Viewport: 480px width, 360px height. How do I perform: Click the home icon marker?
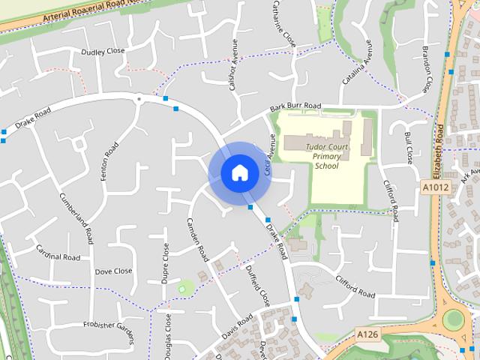tap(239, 172)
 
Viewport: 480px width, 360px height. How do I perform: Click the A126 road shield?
tap(367, 334)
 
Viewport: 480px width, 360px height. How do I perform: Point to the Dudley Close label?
tap(103, 52)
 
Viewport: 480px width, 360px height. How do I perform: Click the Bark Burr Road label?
tap(296, 109)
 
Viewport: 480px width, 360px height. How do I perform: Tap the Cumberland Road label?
tap(76, 218)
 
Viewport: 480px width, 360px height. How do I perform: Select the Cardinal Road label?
tap(57, 257)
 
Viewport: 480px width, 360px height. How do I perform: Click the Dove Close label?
tap(113, 271)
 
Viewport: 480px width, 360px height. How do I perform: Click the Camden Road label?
tap(198, 239)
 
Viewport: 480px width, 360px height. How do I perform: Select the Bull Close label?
tap(409, 148)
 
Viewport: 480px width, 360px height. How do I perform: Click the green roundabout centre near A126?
tap(453, 320)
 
